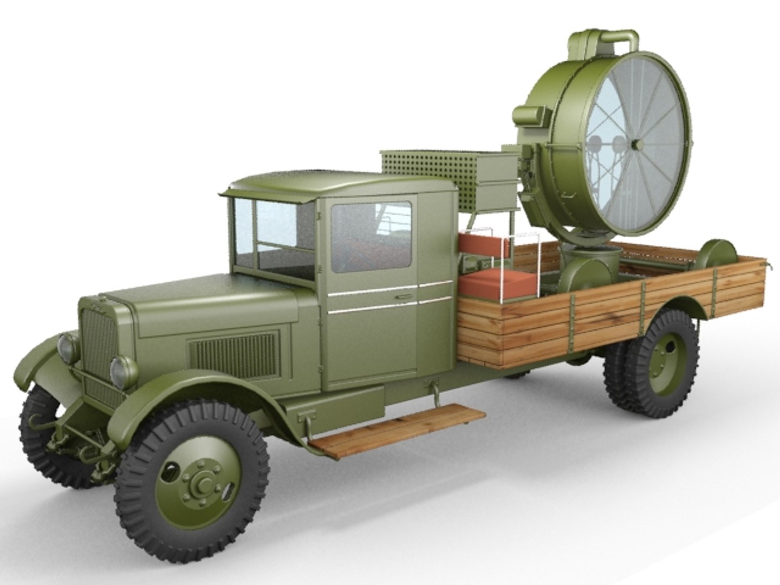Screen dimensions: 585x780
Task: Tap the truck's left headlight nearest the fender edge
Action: point(69,348)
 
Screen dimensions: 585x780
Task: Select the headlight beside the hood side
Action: point(123,372)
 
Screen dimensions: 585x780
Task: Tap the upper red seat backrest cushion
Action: point(484,245)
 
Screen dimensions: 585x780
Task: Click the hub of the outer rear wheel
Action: point(667,361)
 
